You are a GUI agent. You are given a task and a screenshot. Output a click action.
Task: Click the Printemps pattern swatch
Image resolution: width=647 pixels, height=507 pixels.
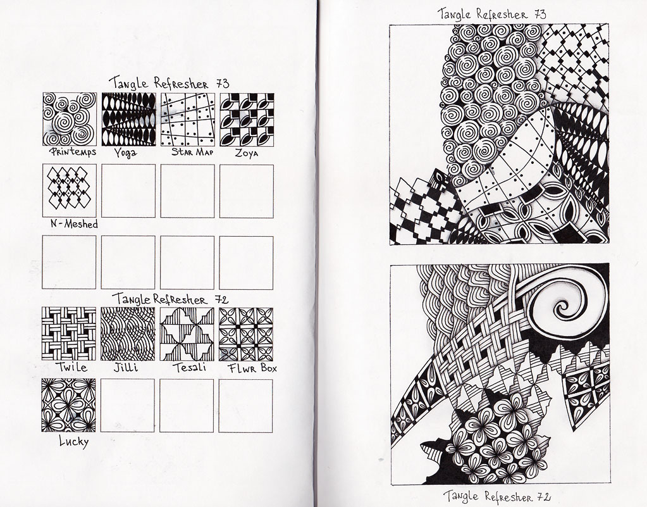[70, 119]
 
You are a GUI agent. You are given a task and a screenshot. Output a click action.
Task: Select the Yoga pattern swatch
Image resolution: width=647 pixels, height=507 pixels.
[129, 119]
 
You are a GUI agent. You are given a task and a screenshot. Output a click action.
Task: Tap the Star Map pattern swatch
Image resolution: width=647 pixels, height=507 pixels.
[188, 120]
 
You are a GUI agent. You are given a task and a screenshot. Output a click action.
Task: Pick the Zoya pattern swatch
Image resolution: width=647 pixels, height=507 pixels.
[247, 120]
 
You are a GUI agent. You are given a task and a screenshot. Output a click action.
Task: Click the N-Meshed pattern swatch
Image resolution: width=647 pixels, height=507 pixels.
[70, 191]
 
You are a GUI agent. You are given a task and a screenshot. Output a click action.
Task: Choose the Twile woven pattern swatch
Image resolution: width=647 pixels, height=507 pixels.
[69, 334]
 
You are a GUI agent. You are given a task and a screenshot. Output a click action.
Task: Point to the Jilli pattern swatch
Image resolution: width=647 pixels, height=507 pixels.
[128, 334]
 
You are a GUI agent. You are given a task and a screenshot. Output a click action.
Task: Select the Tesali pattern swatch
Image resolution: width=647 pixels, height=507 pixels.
[187, 334]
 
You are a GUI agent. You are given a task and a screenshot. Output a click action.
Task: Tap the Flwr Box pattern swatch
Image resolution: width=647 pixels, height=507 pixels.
[246, 334]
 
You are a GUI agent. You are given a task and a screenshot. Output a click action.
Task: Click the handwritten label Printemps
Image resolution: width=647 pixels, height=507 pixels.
[73, 151]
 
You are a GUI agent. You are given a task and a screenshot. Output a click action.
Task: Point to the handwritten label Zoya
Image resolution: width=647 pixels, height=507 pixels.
[247, 153]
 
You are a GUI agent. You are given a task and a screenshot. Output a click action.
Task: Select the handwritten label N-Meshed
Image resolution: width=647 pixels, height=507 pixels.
[74, 224]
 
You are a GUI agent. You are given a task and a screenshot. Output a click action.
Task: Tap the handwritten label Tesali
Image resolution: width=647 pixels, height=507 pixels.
[189, 367]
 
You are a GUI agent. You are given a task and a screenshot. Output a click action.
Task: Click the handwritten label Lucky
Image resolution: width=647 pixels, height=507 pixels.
[74, 442]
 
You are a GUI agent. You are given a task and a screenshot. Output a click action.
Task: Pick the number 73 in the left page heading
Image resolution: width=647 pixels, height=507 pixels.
[222, 84]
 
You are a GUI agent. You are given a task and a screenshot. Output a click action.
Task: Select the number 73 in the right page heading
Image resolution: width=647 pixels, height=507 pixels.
[540, 15]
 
